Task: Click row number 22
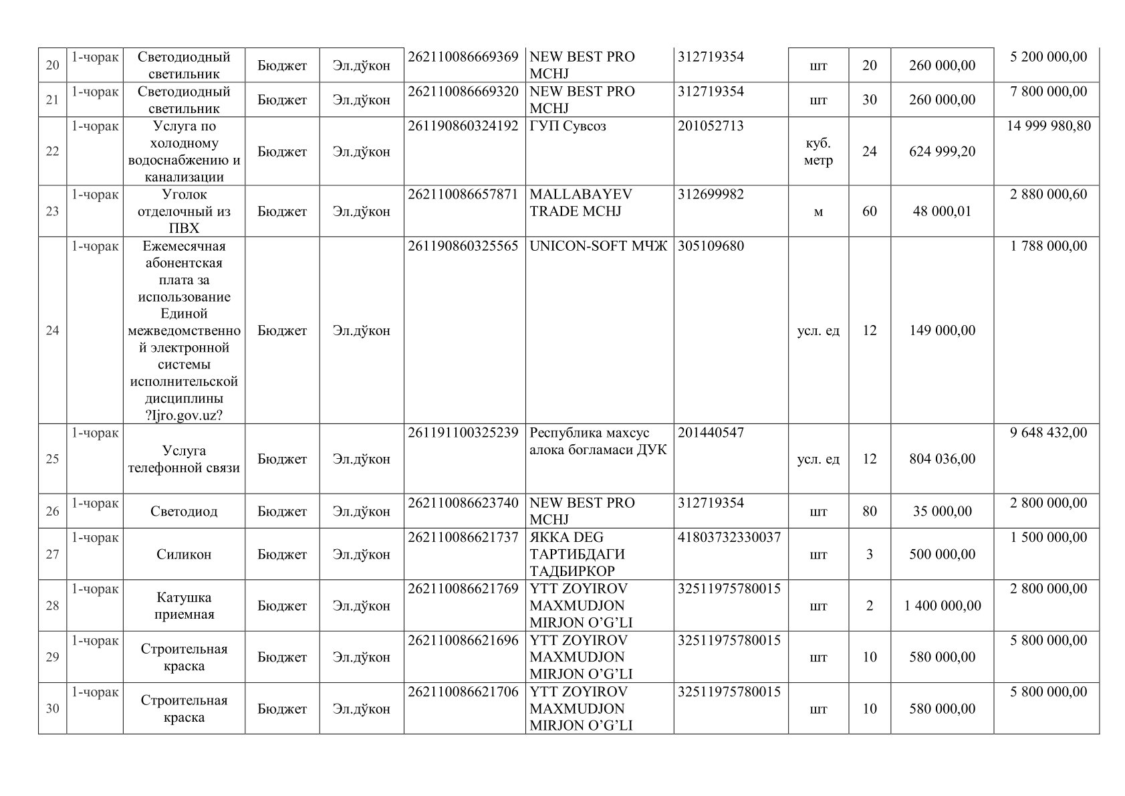point(52,151)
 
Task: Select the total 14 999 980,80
point(1048,126)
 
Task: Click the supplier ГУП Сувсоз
point(568,126)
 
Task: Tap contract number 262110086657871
point(463,194)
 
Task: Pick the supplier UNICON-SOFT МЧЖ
point(598,245)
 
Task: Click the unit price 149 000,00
point(942,330)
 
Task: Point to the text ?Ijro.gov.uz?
point(184,415)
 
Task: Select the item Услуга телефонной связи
point(184,459)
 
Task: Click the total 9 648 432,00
point(1048,432)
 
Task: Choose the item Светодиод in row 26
point(184,512)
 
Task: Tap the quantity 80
point(869,512)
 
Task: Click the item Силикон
point(184,555)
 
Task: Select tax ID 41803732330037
point(729,537)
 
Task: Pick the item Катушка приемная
point(184,605)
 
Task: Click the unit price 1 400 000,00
point(942,606)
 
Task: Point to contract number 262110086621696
point(463,640)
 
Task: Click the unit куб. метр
point(818,152)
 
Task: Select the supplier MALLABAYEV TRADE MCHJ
point(580,203)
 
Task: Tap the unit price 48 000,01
point(942,211)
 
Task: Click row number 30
point(52,708)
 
